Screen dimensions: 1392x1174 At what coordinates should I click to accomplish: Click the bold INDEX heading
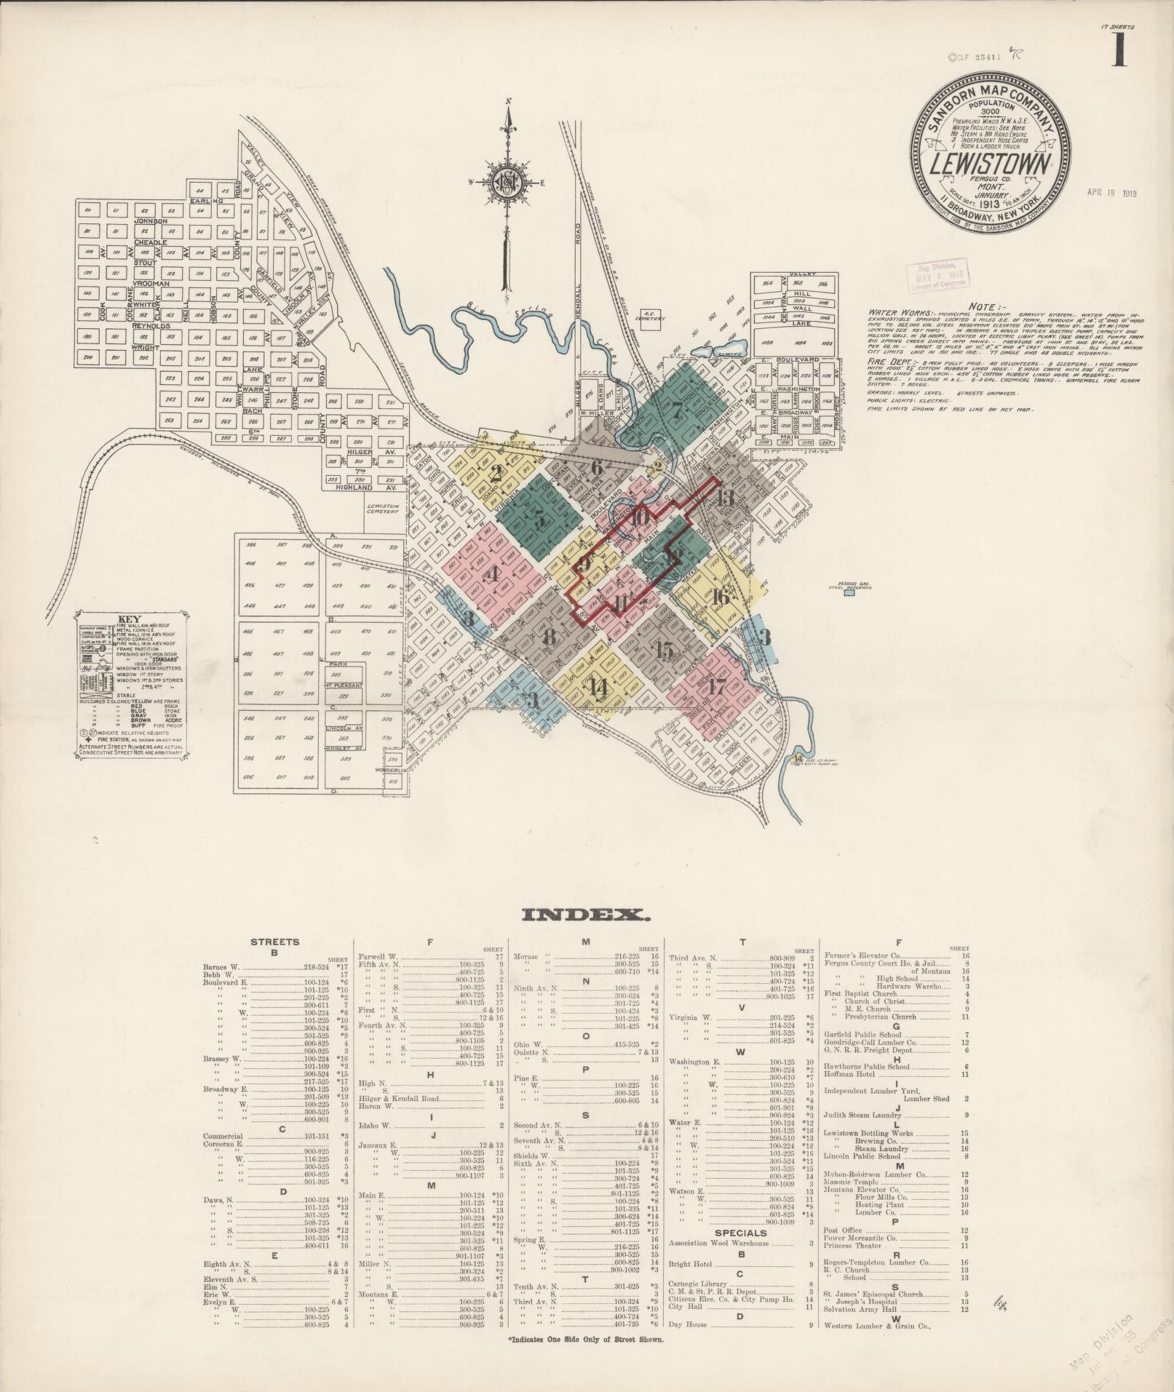tap(586, 915)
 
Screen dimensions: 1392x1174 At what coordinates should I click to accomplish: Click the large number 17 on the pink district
tap(718, 685)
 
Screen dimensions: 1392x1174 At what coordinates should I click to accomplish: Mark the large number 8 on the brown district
tap(550, 636)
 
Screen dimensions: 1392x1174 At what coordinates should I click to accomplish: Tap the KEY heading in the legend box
tap(131, 621)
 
